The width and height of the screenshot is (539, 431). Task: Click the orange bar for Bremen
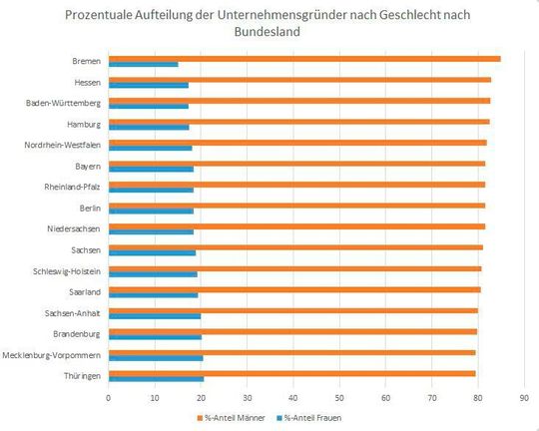[299, 59]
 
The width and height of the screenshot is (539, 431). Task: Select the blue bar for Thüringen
[156, 378]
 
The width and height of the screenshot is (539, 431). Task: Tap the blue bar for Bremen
[143, 65]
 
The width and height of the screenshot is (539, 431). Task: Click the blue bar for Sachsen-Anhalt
[154, 316]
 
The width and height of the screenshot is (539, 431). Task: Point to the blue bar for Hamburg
[148, 128]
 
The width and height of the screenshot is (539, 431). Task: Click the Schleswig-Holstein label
[67, 270]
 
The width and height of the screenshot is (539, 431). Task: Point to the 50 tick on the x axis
[339, 397]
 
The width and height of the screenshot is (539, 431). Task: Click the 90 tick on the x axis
[525, 397]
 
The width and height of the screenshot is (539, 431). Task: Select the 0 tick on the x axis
[108, 397]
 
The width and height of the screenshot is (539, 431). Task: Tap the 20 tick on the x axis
[201, 397]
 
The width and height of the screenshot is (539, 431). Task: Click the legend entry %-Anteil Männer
[234, 417]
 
